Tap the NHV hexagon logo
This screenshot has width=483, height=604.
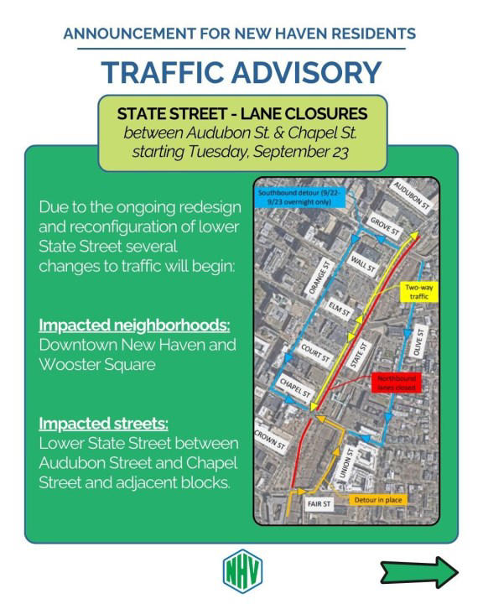click(242, 570)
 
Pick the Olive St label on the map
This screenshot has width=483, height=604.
click(422, 342)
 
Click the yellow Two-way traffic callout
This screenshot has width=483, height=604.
click(417, 293)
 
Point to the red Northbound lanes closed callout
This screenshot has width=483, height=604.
click(395, 383)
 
